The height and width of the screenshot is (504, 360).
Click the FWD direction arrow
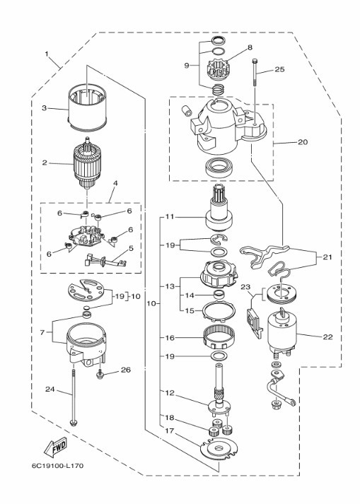point(55,447)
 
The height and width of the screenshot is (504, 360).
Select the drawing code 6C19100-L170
point(57,466)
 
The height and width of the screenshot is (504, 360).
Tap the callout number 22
point(328,337)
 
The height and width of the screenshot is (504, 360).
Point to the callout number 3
point(45,108)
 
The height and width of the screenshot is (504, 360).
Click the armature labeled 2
point(87,164)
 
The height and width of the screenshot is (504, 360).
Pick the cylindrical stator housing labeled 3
point(87,107)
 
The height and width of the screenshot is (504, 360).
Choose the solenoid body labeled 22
point(281,332)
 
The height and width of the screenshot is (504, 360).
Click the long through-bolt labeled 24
point(74,397)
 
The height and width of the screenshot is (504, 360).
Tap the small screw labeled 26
point(100,373)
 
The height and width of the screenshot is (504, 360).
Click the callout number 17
point(170,430)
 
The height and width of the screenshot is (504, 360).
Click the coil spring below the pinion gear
point(218,89)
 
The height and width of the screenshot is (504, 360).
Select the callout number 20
point(303,142)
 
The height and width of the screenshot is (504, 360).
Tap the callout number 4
point(115,184)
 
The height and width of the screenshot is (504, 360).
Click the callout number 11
point(170,216)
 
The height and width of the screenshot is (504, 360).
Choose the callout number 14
point(190,295)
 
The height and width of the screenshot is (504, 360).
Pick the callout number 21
point(327,257)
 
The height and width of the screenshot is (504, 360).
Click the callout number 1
point(47,54)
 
